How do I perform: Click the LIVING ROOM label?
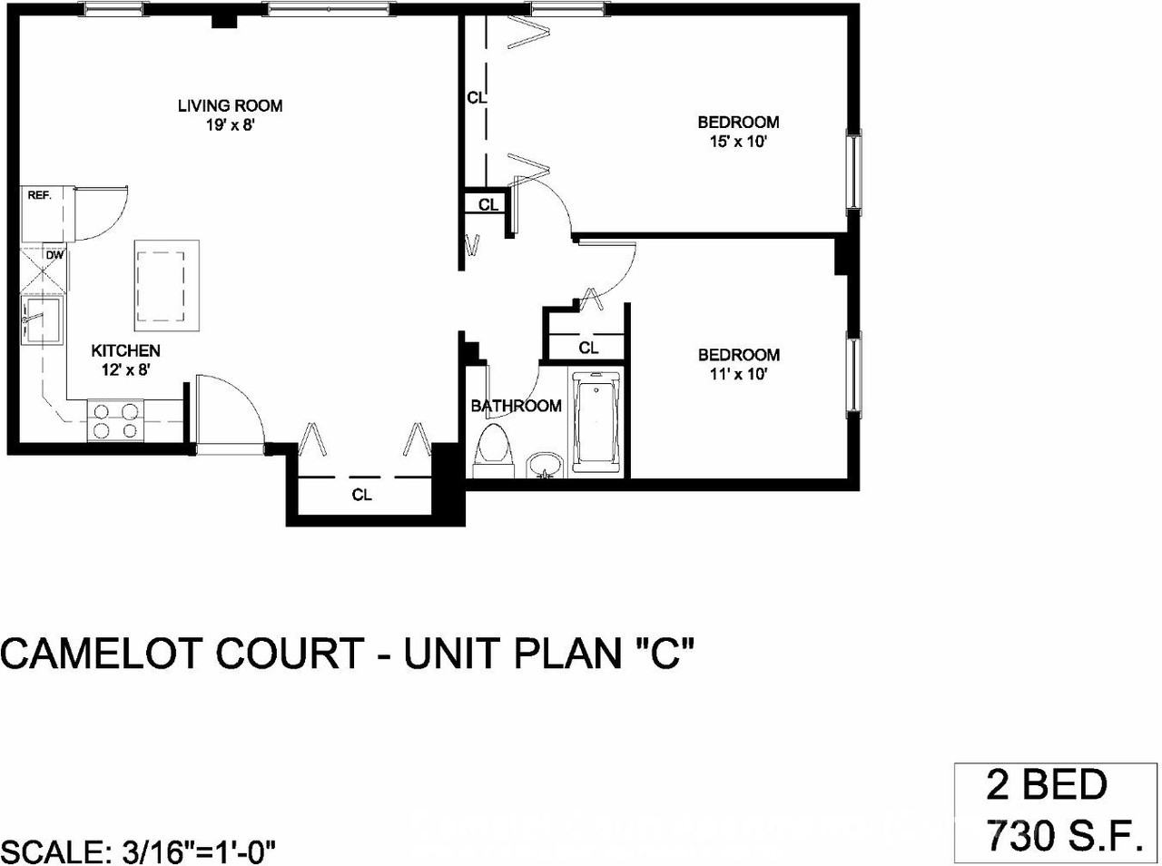[230, 105]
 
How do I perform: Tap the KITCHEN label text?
[125, 350]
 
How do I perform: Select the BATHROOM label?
[516, 406]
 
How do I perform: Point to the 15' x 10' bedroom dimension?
[738, 142]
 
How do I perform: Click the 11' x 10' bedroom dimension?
[738, 374]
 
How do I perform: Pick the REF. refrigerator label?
[39, 195]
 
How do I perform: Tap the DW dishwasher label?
[54, 255]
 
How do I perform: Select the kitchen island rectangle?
[167, 285]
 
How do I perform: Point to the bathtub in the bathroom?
[596, 423]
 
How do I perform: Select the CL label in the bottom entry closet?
[362, 495]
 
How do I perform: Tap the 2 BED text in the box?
[1047, 786]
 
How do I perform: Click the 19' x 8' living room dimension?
[230, 125]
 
